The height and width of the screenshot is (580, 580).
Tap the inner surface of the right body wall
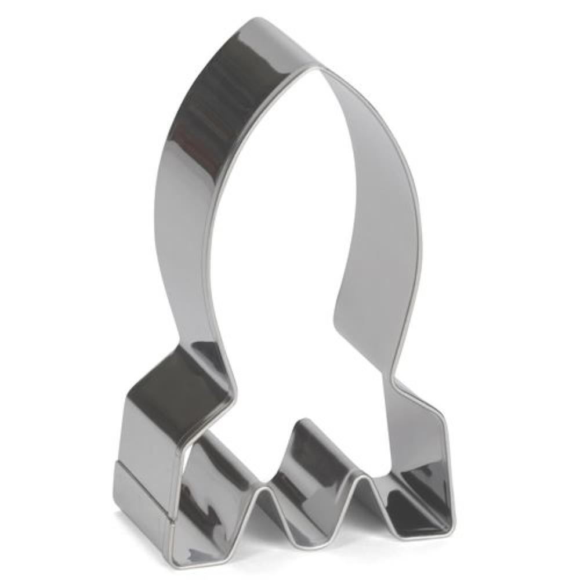(377, 232)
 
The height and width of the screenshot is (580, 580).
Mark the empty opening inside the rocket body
(278, 261)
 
